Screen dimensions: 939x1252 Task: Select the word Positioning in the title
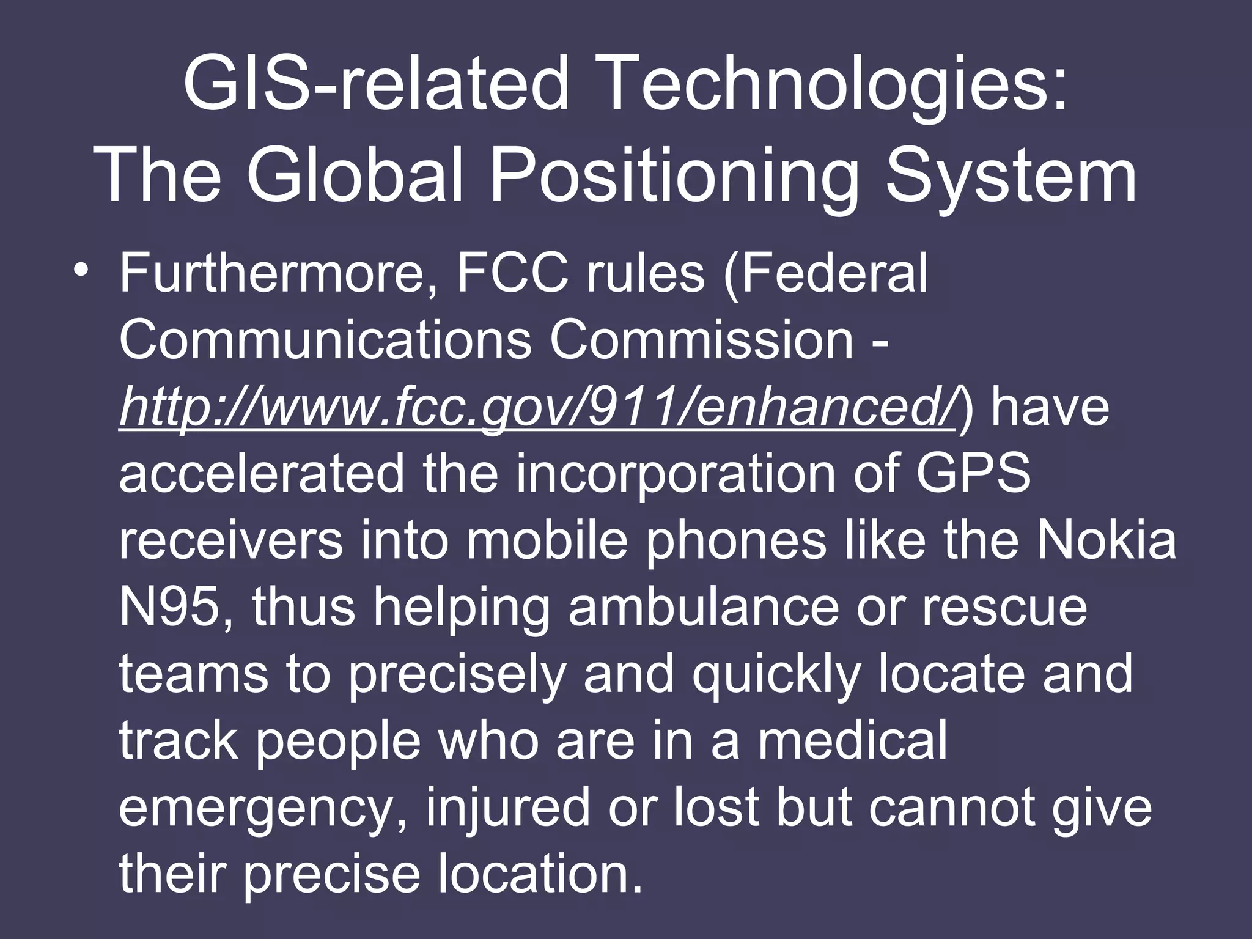point(674,177)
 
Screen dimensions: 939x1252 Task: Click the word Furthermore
point(278,274)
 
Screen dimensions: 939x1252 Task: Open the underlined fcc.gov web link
point(537,408)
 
